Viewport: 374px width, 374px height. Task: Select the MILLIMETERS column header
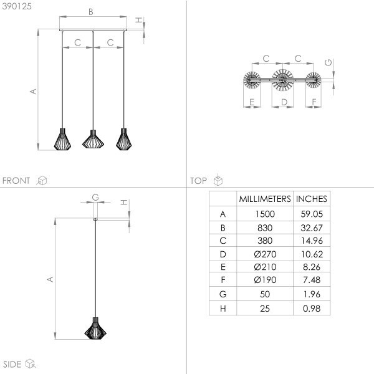pos(265,199)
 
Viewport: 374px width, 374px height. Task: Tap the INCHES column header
pos(311,199)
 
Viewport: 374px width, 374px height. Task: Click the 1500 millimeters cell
pos(265,214)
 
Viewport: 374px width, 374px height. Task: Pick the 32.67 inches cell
pos(311,228)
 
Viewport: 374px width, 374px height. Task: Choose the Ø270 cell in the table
pos(265,254)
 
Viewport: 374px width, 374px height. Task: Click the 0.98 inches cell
pos(311,309)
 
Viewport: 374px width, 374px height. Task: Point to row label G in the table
pos(223,295)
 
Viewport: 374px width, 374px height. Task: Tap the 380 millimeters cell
pos(265,241)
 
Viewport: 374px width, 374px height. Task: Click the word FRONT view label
pos(16,181)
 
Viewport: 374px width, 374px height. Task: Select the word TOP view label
pos(199,181)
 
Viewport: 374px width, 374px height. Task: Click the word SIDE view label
pos(12,364)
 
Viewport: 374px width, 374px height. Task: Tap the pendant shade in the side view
pos(95,328)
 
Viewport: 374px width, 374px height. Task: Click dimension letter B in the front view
pos(91,11)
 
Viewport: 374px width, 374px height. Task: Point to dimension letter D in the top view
pos(283,101)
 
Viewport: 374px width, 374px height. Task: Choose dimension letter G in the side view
pos(95,197)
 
